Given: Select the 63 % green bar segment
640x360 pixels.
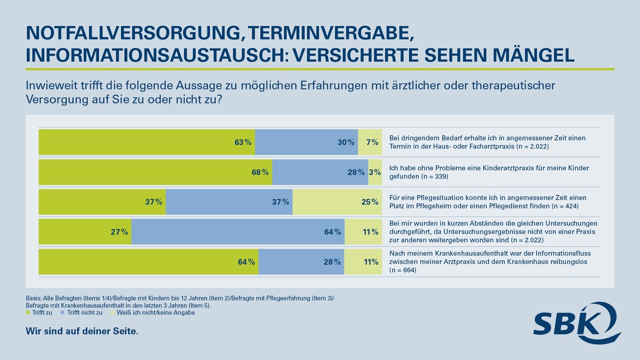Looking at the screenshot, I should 147,142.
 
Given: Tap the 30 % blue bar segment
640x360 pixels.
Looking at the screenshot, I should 306,142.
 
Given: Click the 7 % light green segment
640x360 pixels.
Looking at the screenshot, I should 370,142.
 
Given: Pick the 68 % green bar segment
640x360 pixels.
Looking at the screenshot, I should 155,172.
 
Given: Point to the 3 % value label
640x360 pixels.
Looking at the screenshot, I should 374,172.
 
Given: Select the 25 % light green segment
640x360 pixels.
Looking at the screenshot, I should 337,202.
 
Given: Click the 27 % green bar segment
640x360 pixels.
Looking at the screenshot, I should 85,232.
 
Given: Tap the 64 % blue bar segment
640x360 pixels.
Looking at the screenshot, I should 238,232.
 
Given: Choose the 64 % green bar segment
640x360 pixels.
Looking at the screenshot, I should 148,262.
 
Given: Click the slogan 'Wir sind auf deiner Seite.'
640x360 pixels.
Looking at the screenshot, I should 82,331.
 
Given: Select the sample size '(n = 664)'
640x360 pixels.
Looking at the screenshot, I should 403,270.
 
